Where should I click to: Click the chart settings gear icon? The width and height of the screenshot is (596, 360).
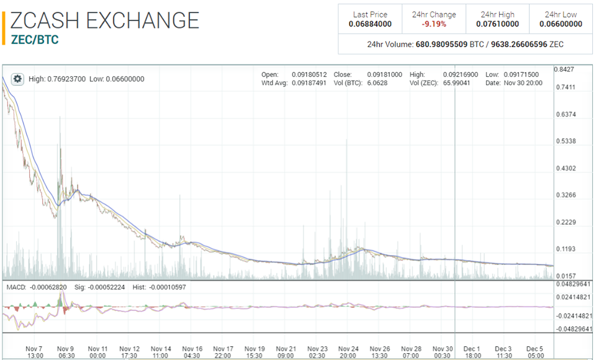pos(17,79)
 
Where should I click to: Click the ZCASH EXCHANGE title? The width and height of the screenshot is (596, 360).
pos(105,20)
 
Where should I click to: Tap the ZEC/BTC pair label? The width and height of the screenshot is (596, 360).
pos(35,39)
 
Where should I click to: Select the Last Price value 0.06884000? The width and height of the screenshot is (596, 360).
pos(370,24)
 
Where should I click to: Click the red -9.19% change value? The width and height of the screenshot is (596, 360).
pos(434,24)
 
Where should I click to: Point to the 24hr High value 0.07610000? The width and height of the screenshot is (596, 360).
pos(497,24)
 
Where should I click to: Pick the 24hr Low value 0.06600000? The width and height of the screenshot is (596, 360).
pos(561,24)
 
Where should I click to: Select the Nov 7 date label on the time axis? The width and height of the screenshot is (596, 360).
pos(35,348)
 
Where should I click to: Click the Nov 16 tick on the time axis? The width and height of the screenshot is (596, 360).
pos(192,348)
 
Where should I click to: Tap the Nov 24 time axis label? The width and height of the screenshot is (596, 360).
pos(348,348)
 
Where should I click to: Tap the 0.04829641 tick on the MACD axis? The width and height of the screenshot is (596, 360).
pos(572,284)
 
